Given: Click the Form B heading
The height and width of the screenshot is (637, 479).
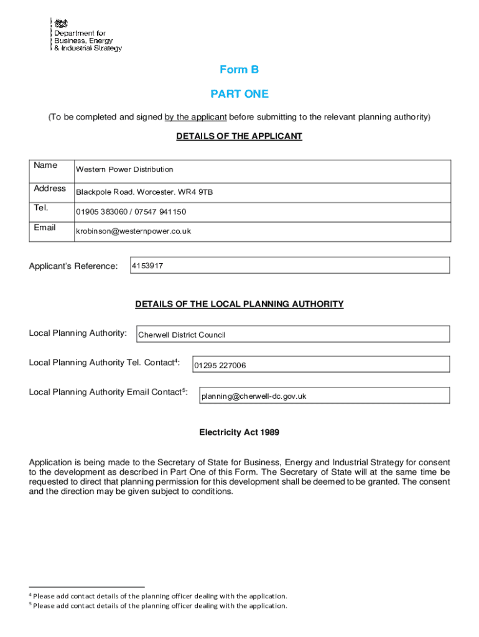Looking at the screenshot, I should pyautogui.click(x=239, y=70).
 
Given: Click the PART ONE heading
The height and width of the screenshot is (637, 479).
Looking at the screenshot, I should pyautogui.click(x=239, y=94).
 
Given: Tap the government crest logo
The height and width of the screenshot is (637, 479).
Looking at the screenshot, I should pyautogui.click(x=61, y=23).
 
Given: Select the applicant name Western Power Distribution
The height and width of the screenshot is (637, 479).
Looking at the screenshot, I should pyautogui.click(x=124, y=170).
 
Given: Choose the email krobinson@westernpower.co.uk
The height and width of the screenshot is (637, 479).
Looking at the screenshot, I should pyautogui.click(x=133, y=231).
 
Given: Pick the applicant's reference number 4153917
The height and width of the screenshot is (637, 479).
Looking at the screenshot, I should pyautogui.click(x=147, y=266).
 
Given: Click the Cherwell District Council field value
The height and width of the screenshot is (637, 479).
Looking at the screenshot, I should pyautogui.click(x=182, y=335).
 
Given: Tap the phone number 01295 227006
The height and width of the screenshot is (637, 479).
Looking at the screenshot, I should pyautogui.click(x=220, y=366).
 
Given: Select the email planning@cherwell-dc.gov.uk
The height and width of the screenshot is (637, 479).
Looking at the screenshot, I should pyautogui.click(x=253, y=396).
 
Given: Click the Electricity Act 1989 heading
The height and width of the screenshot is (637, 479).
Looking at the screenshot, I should pyautogui.click(x=239, y=432).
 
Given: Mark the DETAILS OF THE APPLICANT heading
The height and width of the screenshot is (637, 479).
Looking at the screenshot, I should pyautogui.click(x=239, y=136).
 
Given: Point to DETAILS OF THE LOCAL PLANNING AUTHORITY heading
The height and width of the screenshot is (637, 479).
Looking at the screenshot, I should pyautogui.click(x=239, y=304).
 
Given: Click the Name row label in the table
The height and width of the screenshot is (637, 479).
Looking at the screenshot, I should pyautogui.click(x=45, y=165).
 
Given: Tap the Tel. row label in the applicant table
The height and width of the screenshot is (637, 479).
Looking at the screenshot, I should pyautogui.click(x=41, y=208).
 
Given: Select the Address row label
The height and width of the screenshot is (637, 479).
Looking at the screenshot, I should pyautogui.click(x=50, y=188).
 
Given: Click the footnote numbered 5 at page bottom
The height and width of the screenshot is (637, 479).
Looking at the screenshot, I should pyautogui.click(x=159, y=605).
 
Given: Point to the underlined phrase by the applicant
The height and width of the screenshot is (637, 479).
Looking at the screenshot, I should pyautogui.click(x=195, y=117).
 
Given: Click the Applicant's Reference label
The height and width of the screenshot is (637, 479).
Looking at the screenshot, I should pyautogui.click(x=73, y=266).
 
